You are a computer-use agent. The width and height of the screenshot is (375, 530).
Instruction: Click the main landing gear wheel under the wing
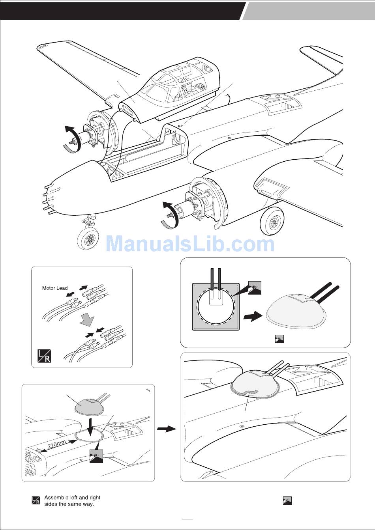(272, 221)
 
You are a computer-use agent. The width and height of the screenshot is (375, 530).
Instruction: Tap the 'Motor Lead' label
(55, 288)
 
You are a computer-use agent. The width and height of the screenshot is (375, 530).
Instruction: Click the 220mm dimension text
(56, 446)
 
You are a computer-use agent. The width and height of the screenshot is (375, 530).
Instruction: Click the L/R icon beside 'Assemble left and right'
(36, 501)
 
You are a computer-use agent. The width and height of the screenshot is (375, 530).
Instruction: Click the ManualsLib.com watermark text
(189, 244)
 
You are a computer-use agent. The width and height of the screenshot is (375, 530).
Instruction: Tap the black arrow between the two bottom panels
(166, 429)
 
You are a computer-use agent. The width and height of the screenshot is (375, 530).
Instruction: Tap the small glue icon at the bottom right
(287, 501)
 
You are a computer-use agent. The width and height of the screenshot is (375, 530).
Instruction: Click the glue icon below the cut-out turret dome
(279, 338)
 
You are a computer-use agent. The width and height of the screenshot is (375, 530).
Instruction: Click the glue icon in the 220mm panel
(96, 456)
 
